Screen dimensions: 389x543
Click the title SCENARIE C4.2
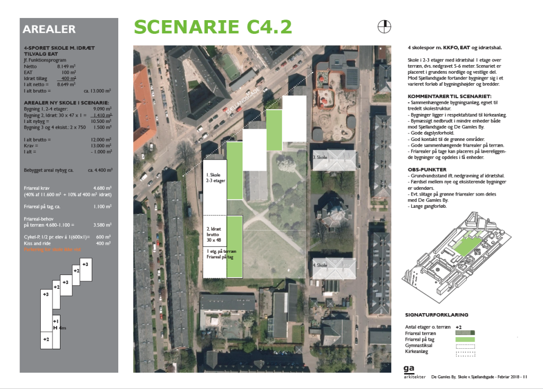pos(212,27)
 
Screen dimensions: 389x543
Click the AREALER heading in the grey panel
pos(49,30)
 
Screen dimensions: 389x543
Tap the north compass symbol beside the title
pos(384,26)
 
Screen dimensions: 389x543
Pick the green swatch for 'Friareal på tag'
pos(465,339)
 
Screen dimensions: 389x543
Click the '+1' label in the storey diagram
pos(56,321)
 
